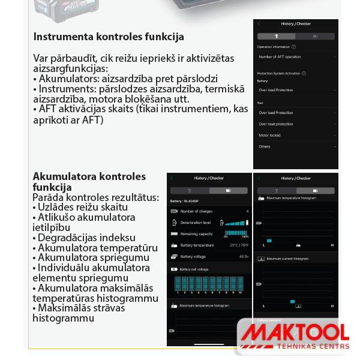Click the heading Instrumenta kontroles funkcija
coord(109,37)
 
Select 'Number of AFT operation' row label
coord(280,57)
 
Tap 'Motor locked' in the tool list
coord(269,136)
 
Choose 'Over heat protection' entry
coord(276,124)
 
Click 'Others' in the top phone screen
coord(265,146)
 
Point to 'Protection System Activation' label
coord(278,73)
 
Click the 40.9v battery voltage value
coord(244,256)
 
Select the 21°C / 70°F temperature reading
coord(239,245)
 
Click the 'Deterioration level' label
coord(196,223)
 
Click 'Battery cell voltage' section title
coord(194,269)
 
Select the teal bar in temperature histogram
coord(269,241)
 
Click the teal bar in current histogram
coord(292,301)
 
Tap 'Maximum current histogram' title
coord(287,259)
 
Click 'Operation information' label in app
coord(274,47)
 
